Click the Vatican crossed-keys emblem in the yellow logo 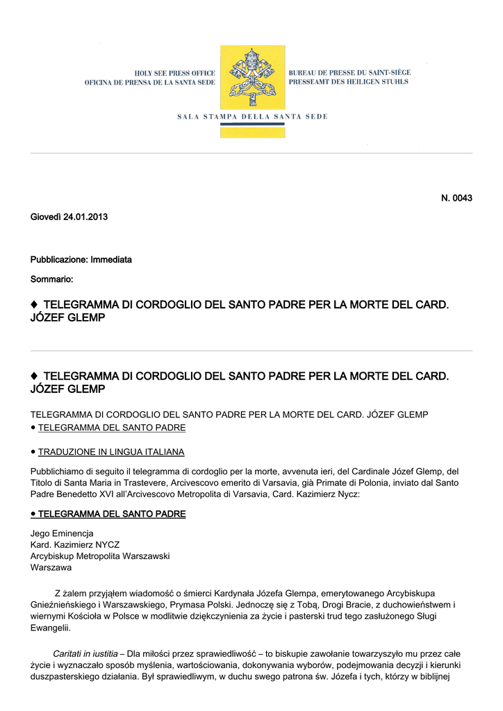[x=252, y=78]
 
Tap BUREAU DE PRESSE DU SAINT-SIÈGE [x=349, y=72]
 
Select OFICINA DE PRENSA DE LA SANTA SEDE [x=150, y=83]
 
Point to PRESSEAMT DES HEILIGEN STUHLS [x=348, y=82]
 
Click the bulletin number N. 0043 [x=456, y=199]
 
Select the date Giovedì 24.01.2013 [x=69, y=217]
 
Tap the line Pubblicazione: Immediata [x=81, y=260]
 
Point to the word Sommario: [x=51, y=279]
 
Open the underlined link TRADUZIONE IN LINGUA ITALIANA [x=111, y=452]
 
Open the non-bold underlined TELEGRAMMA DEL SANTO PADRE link [x=111, y=428]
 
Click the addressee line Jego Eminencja [x=62, y=533]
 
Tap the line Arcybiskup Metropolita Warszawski [x=100, y=556]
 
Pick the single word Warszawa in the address [x=51, y=567]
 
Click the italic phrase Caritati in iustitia [x=85, y=654]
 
